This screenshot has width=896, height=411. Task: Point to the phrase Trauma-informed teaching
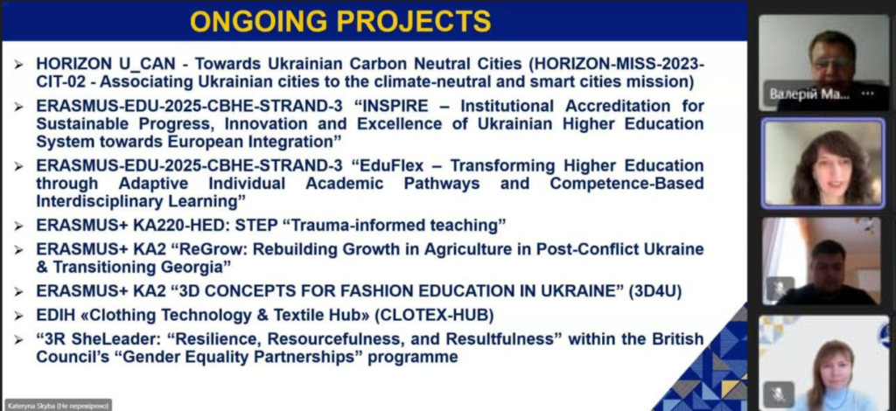[x=395, y=226]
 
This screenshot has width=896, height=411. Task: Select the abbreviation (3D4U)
[x=654, y=291]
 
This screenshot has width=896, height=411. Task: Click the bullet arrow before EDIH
[x=19, y=317]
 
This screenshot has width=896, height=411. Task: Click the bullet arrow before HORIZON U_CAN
[x=19, y=65]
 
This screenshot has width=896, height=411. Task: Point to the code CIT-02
[x=63, y=81]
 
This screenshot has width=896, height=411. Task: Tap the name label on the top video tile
[x=809, y=94]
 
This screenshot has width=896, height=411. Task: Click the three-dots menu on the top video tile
[x=867, y=94]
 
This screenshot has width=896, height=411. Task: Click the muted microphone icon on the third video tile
[x=780, y=289]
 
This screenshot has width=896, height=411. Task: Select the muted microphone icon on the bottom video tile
[x=779, y=393]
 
